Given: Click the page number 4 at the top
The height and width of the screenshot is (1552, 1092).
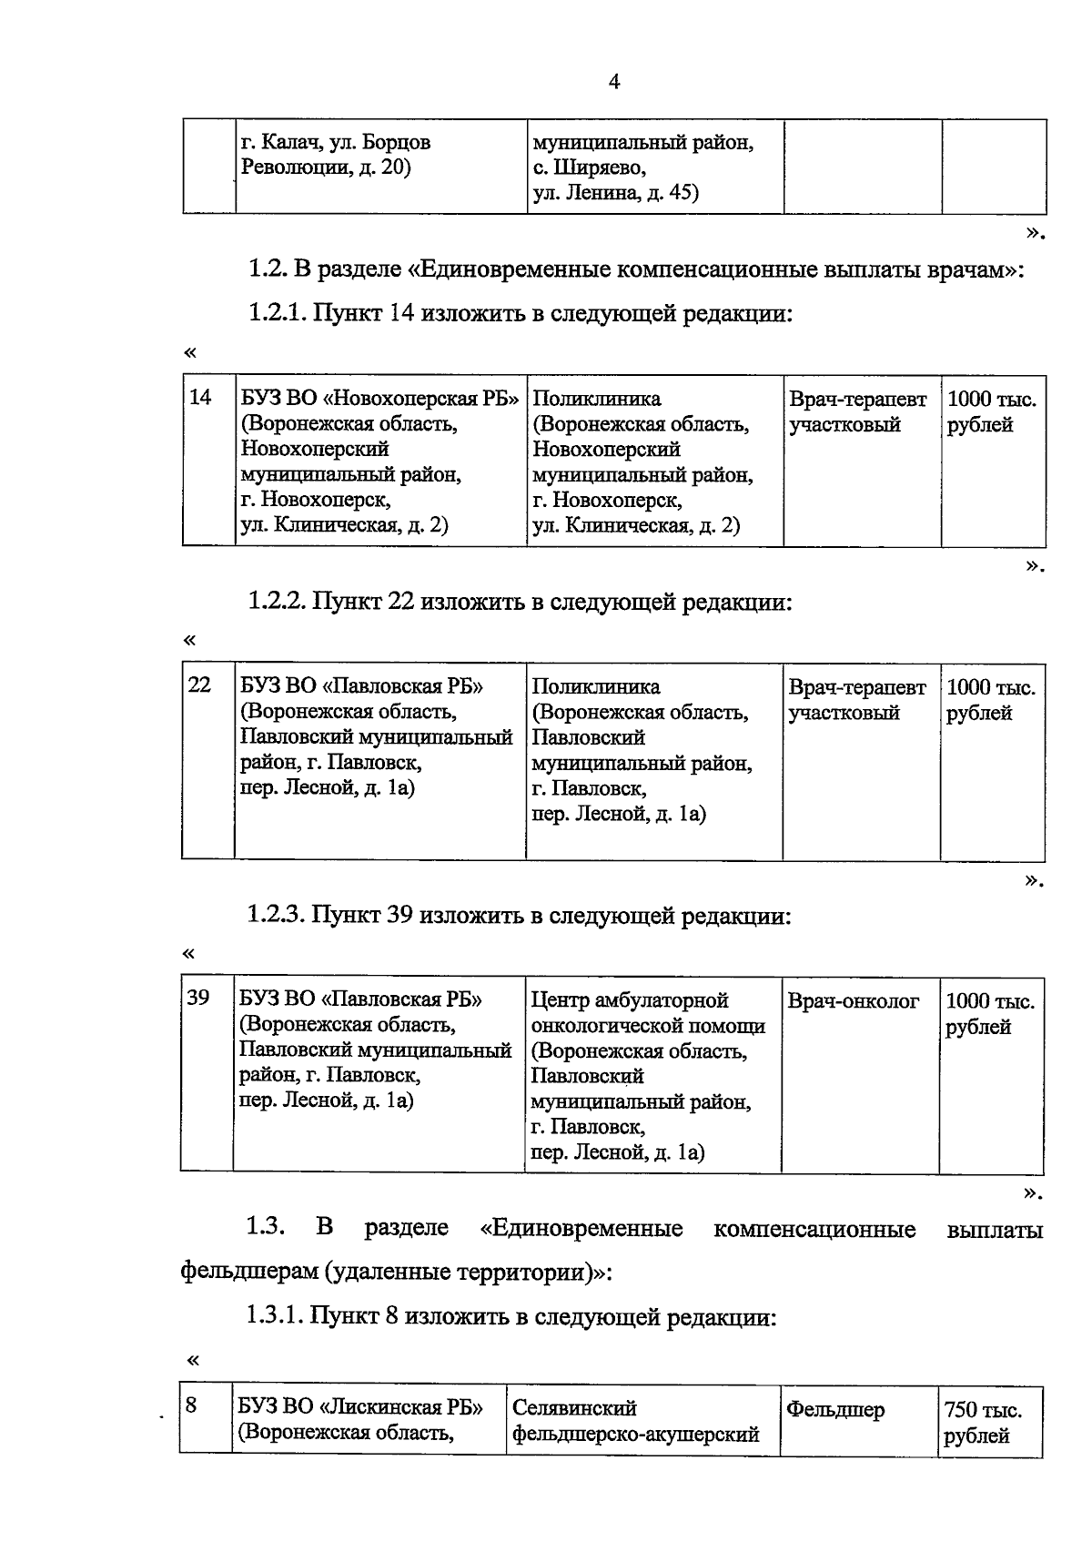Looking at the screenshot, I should (613, 82).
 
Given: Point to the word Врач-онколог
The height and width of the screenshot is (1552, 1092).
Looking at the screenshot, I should (853, 1001).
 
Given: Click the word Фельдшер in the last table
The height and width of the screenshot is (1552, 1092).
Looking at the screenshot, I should (834, 1410).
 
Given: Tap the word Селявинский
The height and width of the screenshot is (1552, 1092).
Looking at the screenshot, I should (574, 1409).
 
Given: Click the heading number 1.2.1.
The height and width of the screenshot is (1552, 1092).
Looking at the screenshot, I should (277, 314).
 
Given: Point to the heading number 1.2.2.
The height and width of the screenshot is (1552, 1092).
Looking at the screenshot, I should (277, 602).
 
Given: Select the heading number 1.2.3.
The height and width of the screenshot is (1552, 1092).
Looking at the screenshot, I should (277, 915).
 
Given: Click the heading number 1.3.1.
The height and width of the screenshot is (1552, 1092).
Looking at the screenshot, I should (275, 1317).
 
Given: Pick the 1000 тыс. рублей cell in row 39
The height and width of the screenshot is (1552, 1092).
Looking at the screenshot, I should (989, 1014).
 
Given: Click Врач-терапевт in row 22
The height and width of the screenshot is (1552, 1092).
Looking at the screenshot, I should (856, 687).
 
